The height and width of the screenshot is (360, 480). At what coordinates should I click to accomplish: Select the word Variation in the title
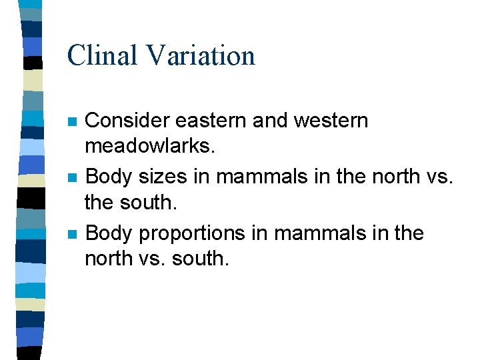coord(201,55)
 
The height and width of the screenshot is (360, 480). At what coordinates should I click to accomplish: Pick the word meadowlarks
coord(149,145)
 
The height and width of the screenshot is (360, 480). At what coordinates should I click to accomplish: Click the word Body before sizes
coord(109,177)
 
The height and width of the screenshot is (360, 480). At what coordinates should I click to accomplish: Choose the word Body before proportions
coord(109,234)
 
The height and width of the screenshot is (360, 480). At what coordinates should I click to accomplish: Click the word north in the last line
coord(107,259)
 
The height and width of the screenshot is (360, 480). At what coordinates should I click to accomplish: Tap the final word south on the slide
coord(199,259)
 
